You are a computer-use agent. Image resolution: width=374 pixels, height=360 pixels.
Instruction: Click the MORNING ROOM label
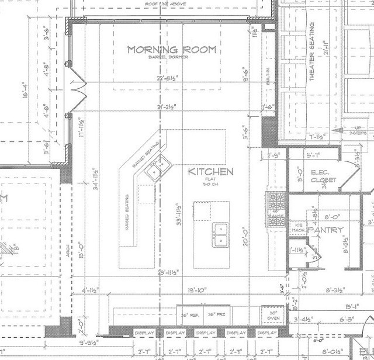pos(172,50)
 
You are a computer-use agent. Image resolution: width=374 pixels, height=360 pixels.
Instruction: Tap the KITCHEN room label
pos(211,172)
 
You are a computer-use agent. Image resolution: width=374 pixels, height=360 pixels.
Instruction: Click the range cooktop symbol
pos(276,202)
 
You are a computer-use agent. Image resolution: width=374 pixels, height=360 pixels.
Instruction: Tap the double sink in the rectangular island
pos(221,234)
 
